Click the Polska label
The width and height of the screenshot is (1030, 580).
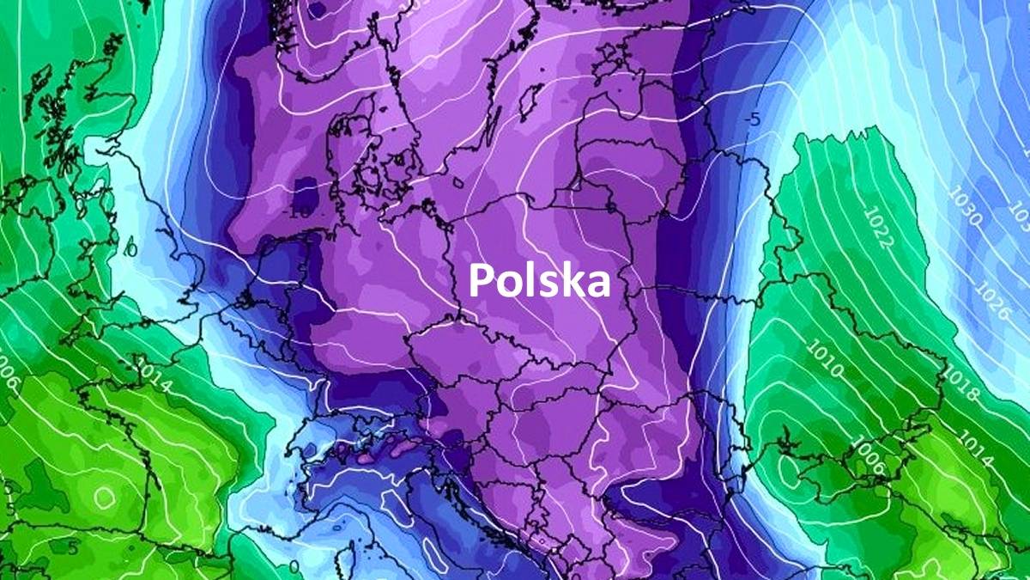click(x=540, y=281)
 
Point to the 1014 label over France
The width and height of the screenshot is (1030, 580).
click(x=153, y=380)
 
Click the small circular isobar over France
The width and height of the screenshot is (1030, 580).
click(x=105, y=496)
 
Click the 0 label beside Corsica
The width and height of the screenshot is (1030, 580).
click(x=295, y=567)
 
